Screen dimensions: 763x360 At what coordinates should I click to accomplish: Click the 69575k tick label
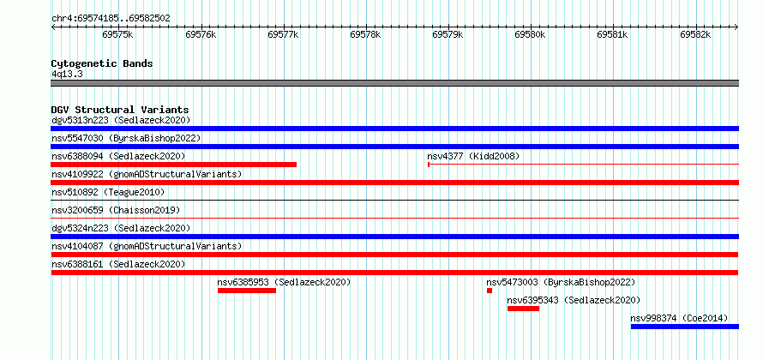tap(118, 35)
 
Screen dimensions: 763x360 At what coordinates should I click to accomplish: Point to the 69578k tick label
tap(365, 35)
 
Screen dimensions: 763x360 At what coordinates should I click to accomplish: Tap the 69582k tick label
tap(695, 35)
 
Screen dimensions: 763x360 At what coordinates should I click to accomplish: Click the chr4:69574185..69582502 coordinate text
tap(111, 19)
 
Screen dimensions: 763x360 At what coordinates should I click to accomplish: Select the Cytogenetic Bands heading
tap(102, 63)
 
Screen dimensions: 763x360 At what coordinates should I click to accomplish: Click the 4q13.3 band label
tap(67, 75)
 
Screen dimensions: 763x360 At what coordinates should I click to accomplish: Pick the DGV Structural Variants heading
tap(120, 110)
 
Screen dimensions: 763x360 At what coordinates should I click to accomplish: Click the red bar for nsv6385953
tap(247, 291)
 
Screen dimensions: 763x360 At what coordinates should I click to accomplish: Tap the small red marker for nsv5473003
tap(490, 291)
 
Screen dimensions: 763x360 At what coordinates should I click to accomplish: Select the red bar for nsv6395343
tap(523, 309)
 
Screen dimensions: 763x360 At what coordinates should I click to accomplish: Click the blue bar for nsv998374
tap(685, 327)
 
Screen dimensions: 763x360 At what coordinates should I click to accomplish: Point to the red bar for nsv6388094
tap(174, 165)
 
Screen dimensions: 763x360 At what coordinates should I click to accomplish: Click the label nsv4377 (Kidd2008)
tap(473, 156)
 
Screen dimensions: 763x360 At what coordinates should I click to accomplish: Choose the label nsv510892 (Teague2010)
tap(108, 192)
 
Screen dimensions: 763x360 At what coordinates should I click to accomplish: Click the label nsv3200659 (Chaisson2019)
tap(116, 210)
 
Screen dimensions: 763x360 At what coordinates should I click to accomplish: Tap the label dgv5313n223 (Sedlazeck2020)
tap(121, 120)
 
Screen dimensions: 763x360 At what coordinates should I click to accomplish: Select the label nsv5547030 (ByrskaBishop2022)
tap(126, 138)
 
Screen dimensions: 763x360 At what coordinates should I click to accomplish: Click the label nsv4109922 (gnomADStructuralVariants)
tap(147, 174)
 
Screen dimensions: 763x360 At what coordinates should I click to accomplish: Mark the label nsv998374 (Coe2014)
tap(679, 318)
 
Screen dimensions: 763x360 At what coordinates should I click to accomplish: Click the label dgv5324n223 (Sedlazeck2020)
tap(121, 228)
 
